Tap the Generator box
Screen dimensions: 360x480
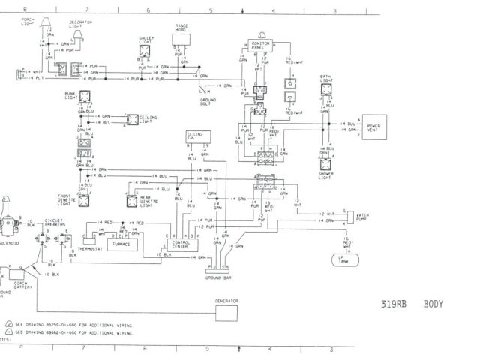point(226,301)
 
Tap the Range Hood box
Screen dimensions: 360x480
point(182,30)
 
